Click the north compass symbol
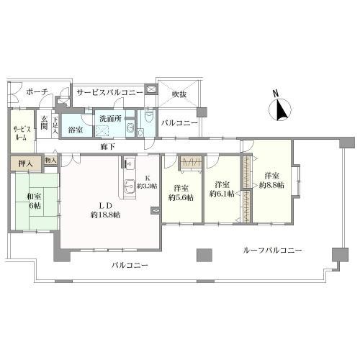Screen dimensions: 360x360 coord(280,109)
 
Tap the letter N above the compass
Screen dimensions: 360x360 coord(276,94)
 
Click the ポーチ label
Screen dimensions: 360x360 coord(37,91)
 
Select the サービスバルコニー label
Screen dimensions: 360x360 coord(109,92)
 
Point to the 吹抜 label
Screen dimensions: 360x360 coord(179,94)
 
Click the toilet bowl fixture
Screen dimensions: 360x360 coord(149,117)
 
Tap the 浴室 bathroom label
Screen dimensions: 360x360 coord(76,130)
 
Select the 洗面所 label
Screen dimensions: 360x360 coord(111,119)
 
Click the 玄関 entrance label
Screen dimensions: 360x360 coord(44,123)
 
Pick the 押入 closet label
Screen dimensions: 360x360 coord(26,163)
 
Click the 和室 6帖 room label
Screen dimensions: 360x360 coord(34,201)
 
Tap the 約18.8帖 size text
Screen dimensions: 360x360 coord(105,215)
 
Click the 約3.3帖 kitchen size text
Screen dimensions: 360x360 coord(147,186)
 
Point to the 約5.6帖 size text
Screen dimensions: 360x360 coord(181,197)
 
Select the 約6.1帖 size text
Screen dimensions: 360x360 coord(222,194)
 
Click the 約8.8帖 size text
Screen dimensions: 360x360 coord(271,185)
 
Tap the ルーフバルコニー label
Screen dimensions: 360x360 coord(272,251)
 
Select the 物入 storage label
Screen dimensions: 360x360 coord(50,160)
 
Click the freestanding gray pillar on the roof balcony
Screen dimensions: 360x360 coord(204,255)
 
